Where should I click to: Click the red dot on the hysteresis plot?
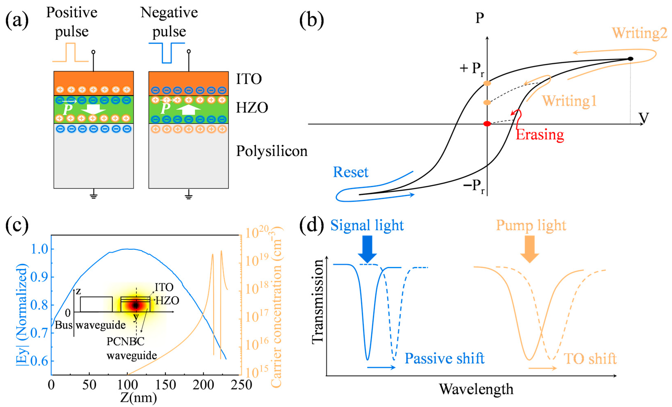(x=487, y=124)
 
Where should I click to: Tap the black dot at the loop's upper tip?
(x=630, y=59)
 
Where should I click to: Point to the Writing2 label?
(x=640, y=33)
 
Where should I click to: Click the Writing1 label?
(x=569, y=101)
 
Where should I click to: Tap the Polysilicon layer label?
(x=272, y=151)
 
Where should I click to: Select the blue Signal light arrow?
(x=367, y=249)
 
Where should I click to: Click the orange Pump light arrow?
(x=529, y=249)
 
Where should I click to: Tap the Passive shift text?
(x=444, y=358)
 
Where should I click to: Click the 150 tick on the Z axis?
(x=165, y=385)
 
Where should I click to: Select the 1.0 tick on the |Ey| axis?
(x=40, y=249)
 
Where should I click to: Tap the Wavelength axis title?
(x=476, y=389)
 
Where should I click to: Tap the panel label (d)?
(x=311, y=226)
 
